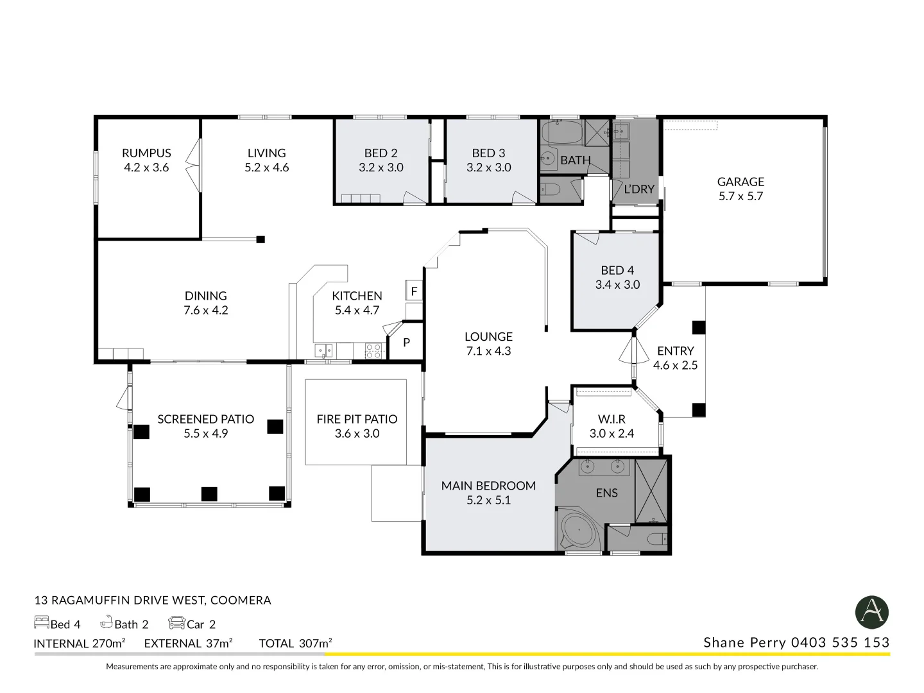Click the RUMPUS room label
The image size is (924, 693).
tap(146, 153)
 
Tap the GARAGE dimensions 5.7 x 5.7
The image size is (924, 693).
tap(740, 196)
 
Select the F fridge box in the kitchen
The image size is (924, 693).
tap(414, 291)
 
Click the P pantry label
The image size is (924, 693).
tap(406, 343)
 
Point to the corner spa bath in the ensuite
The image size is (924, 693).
tap(580, 531)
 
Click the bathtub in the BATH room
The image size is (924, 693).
tap(562, 133)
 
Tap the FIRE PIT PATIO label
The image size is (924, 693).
tap(357, 419)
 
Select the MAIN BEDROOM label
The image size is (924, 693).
tap(488, 486)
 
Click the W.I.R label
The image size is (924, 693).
tap(612, 419)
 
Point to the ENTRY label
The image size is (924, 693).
tap(675, 351)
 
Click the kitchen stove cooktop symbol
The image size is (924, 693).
tap(373, 350)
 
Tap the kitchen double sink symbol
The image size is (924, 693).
tap(323, 350)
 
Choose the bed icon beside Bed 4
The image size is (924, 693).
tap(41, 623)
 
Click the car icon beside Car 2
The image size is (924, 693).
tap(176, 623)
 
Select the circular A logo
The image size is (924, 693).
tap(872, 612)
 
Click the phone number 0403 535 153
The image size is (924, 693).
tap(840, 642)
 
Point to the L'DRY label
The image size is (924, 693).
tap(638, 189)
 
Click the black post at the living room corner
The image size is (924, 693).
tap(261, 239)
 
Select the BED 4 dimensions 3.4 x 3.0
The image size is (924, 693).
tap(617, 285)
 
